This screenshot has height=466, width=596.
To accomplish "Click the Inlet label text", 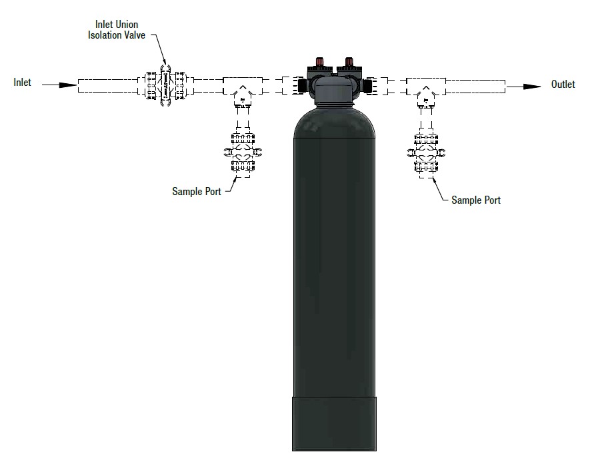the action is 22,83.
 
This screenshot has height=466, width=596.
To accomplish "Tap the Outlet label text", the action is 563,85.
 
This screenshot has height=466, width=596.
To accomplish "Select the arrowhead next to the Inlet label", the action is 69,85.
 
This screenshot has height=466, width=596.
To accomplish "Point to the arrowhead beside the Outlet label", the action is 532,87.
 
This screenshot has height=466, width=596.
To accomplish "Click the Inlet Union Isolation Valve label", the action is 117,29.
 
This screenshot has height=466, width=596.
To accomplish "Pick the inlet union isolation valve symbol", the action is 165,86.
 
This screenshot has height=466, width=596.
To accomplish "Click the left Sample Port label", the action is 197,191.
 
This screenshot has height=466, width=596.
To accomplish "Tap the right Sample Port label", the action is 476,200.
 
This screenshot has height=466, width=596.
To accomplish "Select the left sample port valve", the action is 243,152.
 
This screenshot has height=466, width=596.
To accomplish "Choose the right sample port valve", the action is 426,152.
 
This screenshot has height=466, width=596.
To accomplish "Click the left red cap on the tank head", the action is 319,61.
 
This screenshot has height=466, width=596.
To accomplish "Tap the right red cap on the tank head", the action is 349,61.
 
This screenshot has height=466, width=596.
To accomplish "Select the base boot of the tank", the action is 334,424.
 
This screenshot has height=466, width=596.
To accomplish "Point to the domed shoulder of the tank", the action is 334,121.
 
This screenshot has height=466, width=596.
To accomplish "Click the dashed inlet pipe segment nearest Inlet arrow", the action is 108,86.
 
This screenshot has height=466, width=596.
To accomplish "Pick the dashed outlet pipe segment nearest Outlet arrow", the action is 475,87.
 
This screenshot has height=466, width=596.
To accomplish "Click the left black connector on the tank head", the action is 300,86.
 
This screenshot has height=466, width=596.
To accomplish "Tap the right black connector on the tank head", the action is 369,86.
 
